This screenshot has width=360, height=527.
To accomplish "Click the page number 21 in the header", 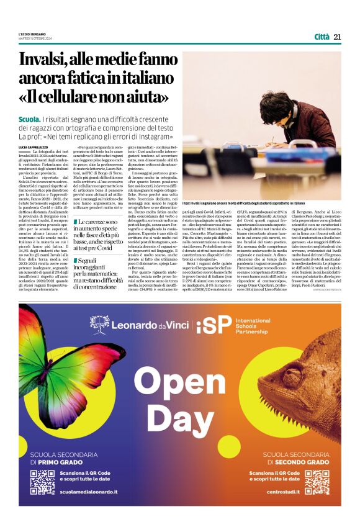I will point(338,37).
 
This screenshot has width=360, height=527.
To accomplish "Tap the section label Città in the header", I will point(322,37).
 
